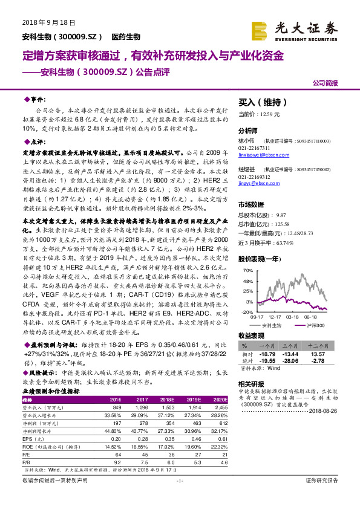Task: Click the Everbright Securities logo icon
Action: point(261,28)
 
